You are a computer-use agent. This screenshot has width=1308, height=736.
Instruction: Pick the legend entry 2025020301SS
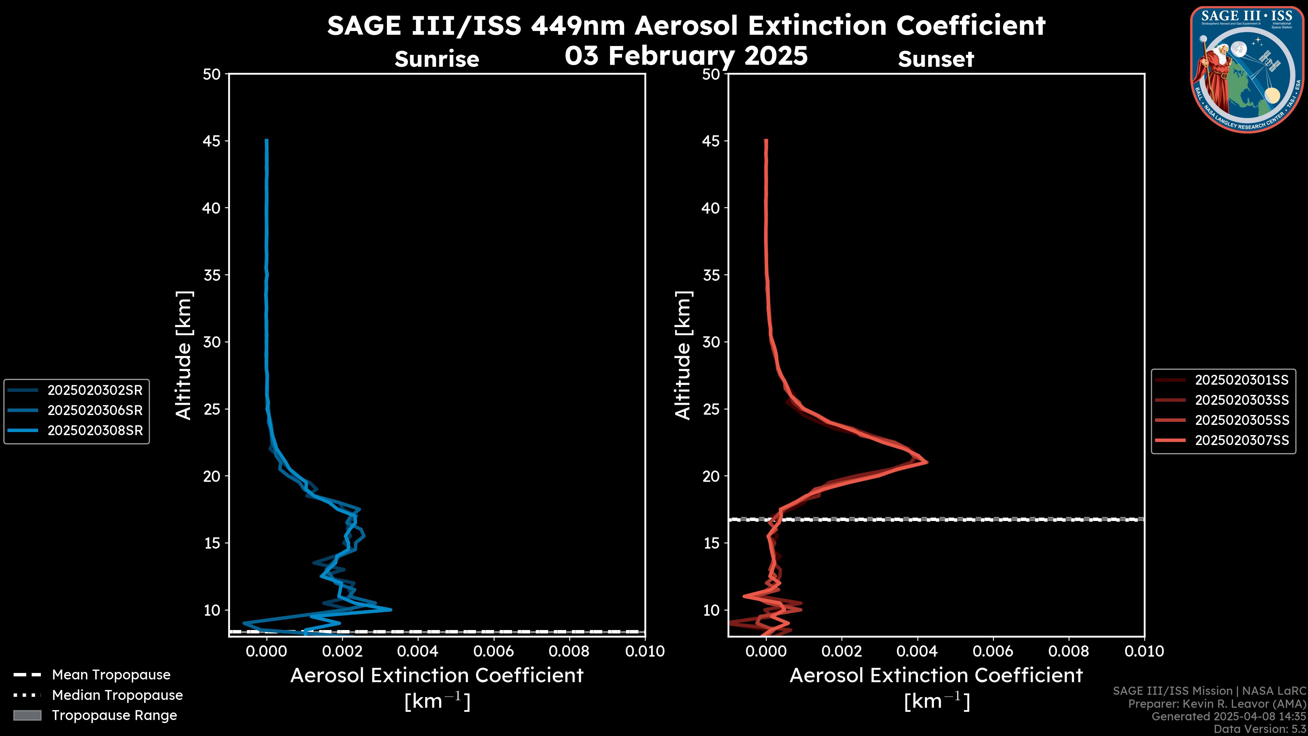1242,380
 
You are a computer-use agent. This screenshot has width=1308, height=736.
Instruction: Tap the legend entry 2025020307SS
1242,440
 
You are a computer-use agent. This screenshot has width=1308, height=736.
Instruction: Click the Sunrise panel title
437,59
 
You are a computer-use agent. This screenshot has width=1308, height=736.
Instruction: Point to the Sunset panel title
936,59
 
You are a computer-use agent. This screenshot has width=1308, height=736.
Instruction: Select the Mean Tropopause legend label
111,675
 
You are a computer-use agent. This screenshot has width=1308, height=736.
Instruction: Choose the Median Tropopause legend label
117,695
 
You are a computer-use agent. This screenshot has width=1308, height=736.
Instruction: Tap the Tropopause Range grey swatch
27,715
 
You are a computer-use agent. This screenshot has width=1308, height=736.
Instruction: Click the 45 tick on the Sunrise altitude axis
212,141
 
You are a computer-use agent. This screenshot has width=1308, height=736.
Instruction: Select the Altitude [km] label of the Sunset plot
683,355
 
